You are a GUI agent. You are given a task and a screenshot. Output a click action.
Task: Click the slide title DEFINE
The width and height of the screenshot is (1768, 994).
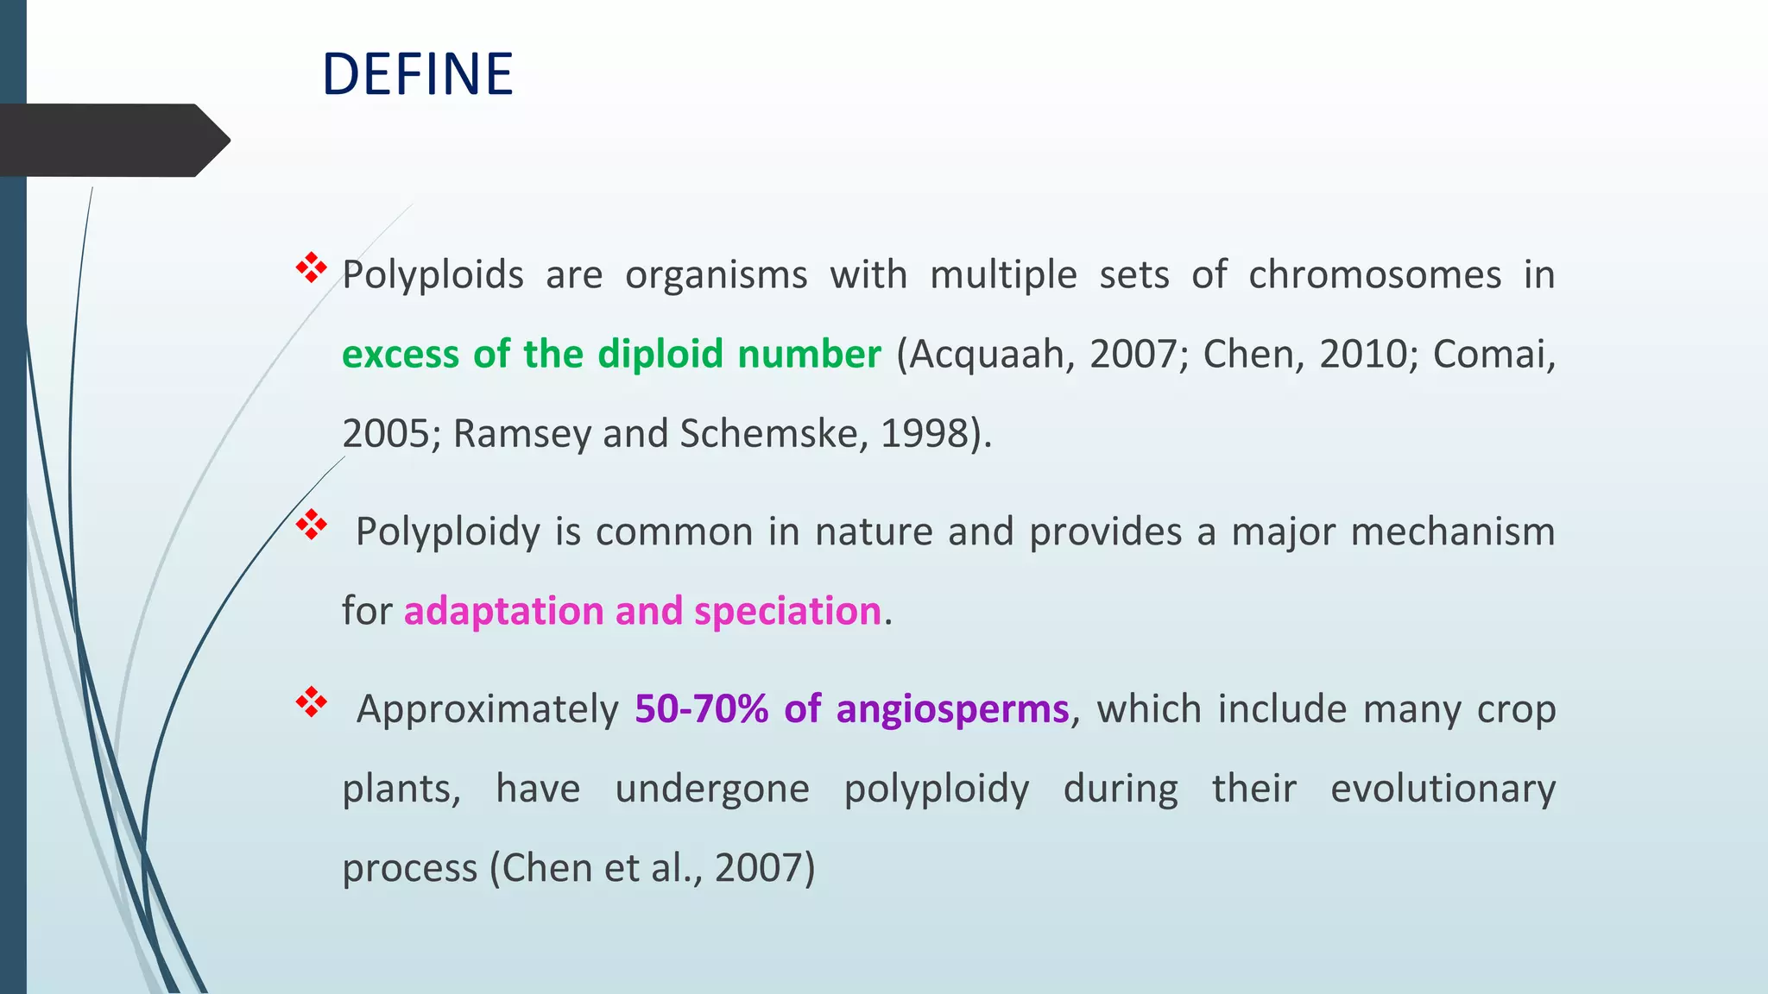tap(417, 74)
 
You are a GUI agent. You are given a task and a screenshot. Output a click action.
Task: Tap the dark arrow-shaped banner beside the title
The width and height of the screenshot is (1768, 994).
tap(112, 141)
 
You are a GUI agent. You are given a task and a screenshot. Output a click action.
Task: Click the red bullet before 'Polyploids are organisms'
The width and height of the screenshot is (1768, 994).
tap(311, 268)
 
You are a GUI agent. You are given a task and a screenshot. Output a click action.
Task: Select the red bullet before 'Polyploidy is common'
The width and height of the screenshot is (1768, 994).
tap(311, 525)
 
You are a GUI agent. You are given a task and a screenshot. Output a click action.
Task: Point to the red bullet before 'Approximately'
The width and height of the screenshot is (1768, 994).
tap(311, 702)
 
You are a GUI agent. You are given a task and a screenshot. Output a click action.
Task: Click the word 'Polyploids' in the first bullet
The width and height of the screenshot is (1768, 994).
tap(433, 275)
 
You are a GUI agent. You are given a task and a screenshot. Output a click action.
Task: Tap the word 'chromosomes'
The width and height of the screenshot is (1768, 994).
tap(1374, 275)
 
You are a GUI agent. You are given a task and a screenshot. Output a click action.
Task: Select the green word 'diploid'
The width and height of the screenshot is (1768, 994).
tap(660, 355)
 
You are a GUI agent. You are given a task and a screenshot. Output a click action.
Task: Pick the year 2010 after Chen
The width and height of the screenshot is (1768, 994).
tap(1367, 355)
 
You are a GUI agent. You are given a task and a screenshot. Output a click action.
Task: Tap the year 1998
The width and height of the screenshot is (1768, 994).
tap(925, 434)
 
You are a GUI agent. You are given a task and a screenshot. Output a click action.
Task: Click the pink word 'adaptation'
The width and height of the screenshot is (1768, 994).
tap(503, 612)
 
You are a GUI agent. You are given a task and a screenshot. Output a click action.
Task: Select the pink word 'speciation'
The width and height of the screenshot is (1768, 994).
tap(787, 612)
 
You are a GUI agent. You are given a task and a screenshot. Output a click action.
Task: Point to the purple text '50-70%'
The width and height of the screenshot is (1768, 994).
tap(701, 709)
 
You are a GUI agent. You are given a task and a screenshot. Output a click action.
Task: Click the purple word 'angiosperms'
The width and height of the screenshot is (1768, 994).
tap(952, 709)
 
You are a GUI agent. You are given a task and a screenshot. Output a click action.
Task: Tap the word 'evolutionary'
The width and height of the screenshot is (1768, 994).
tap(1443, 789)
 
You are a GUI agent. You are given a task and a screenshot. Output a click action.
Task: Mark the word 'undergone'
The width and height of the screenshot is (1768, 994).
tap(712, 789)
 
